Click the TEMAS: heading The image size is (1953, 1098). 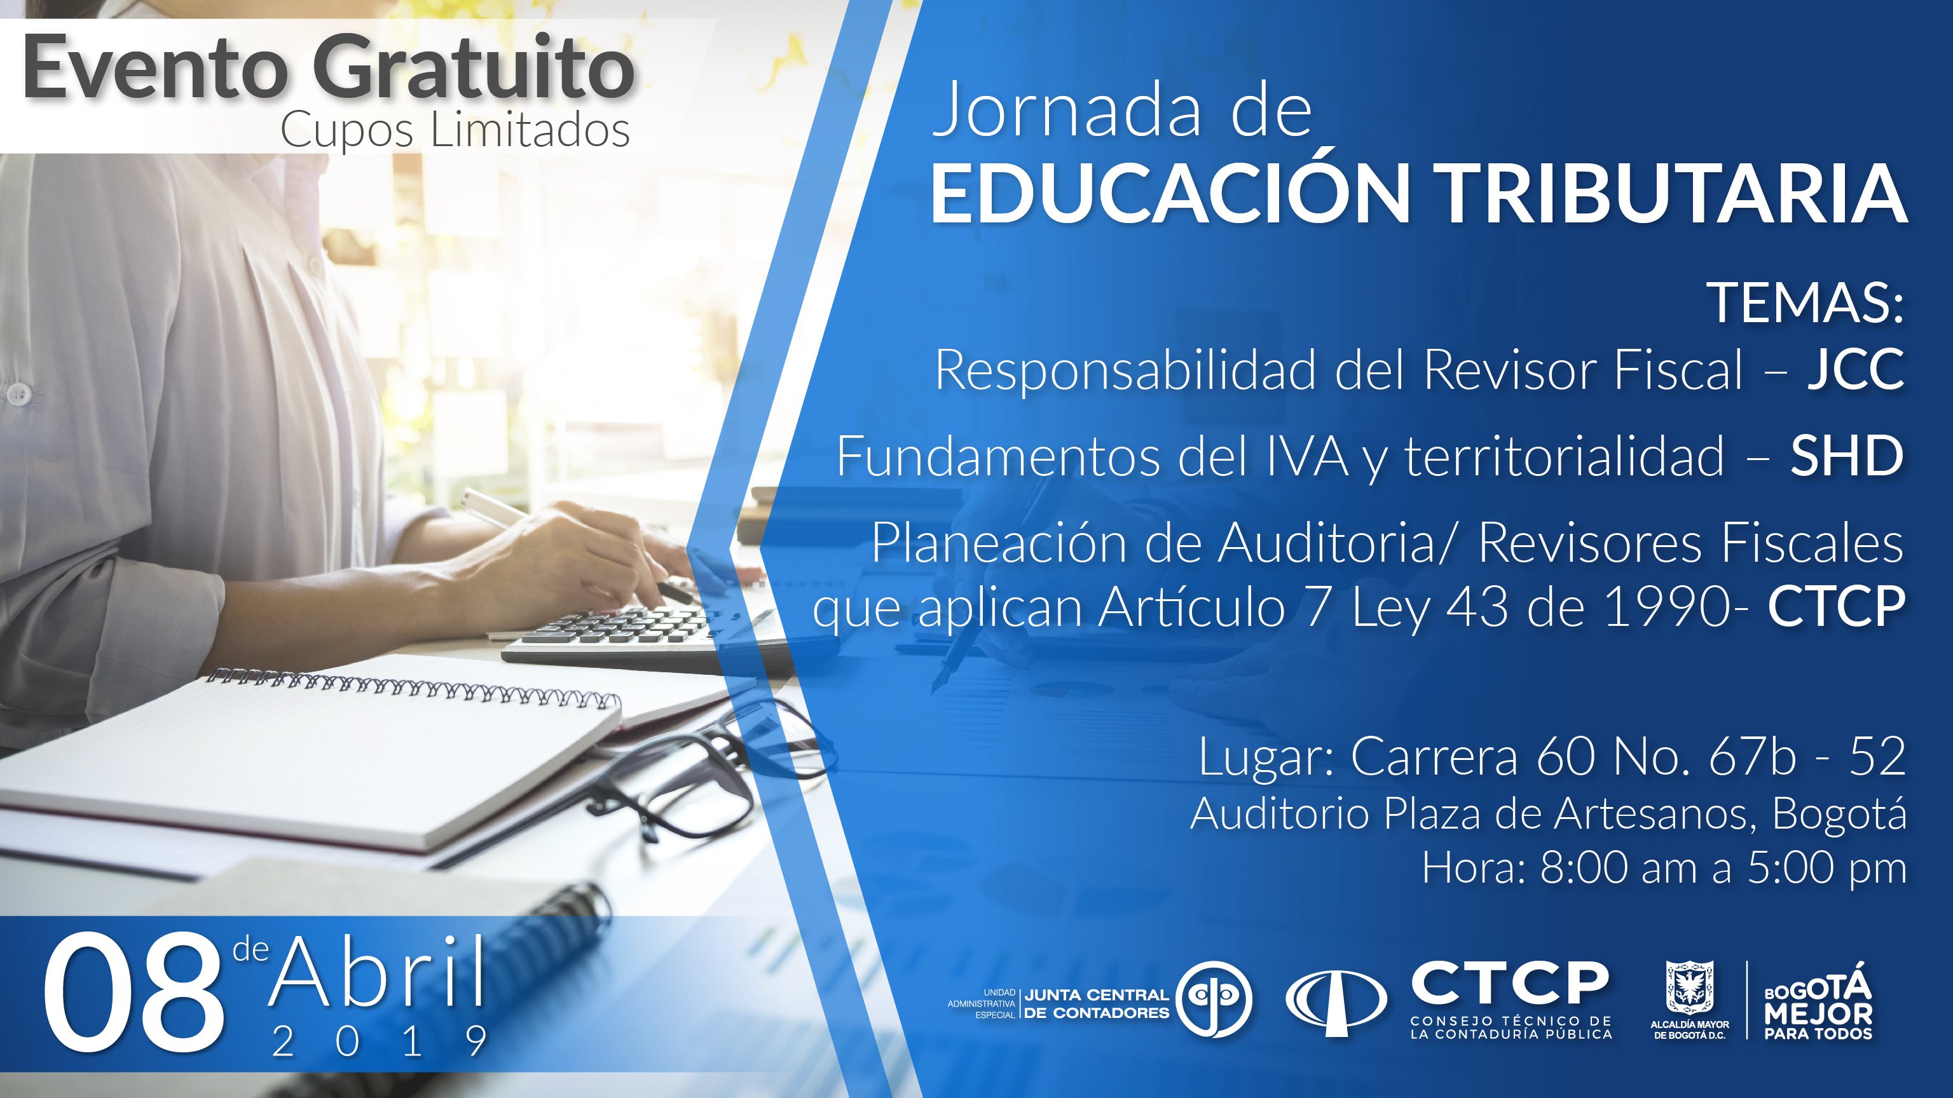[x=1804, y=303]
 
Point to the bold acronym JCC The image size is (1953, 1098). [x=1855, y=370]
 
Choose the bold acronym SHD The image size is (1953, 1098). [x=1847, y=456]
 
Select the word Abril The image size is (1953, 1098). [x=377, y=973]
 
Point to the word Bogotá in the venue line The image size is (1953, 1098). [x=1839, y=814]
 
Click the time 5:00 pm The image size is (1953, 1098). [x=1826, y=869]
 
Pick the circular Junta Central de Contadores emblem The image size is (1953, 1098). [x=1214, y=999]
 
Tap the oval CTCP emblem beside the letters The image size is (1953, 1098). [x=1336, y=1000]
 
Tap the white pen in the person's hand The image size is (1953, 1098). [x=493, y=509]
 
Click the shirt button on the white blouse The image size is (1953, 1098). [x=18, y=393]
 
